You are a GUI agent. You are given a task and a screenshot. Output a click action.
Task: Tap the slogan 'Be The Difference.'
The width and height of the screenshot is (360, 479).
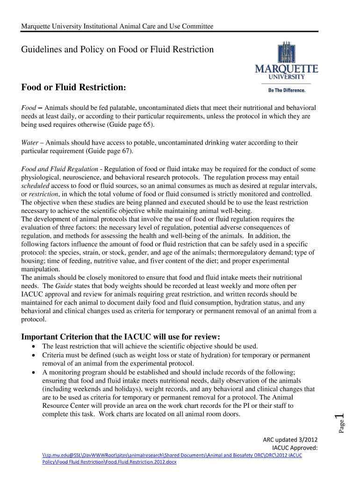[x=286, y=90]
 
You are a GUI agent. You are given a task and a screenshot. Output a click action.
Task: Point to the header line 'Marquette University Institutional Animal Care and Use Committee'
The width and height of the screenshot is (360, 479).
[x=117, y=26]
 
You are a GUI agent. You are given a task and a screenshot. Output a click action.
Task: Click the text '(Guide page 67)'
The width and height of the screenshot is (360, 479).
[x=109, y=151]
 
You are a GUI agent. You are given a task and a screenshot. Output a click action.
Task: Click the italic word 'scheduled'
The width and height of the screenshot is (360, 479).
[x=36, y=185]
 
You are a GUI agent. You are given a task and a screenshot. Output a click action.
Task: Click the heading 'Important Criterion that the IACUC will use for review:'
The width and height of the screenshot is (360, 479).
[x=121, y=337]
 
